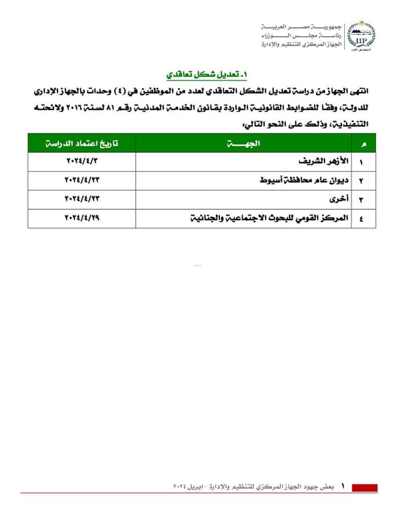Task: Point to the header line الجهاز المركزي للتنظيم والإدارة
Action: coord(300,43)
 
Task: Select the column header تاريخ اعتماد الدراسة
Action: coord(82,144)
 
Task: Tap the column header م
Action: coord(362,144)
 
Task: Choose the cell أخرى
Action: coord(339,198)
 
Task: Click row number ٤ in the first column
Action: coord(362,218)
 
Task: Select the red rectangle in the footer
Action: coord(364,487)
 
